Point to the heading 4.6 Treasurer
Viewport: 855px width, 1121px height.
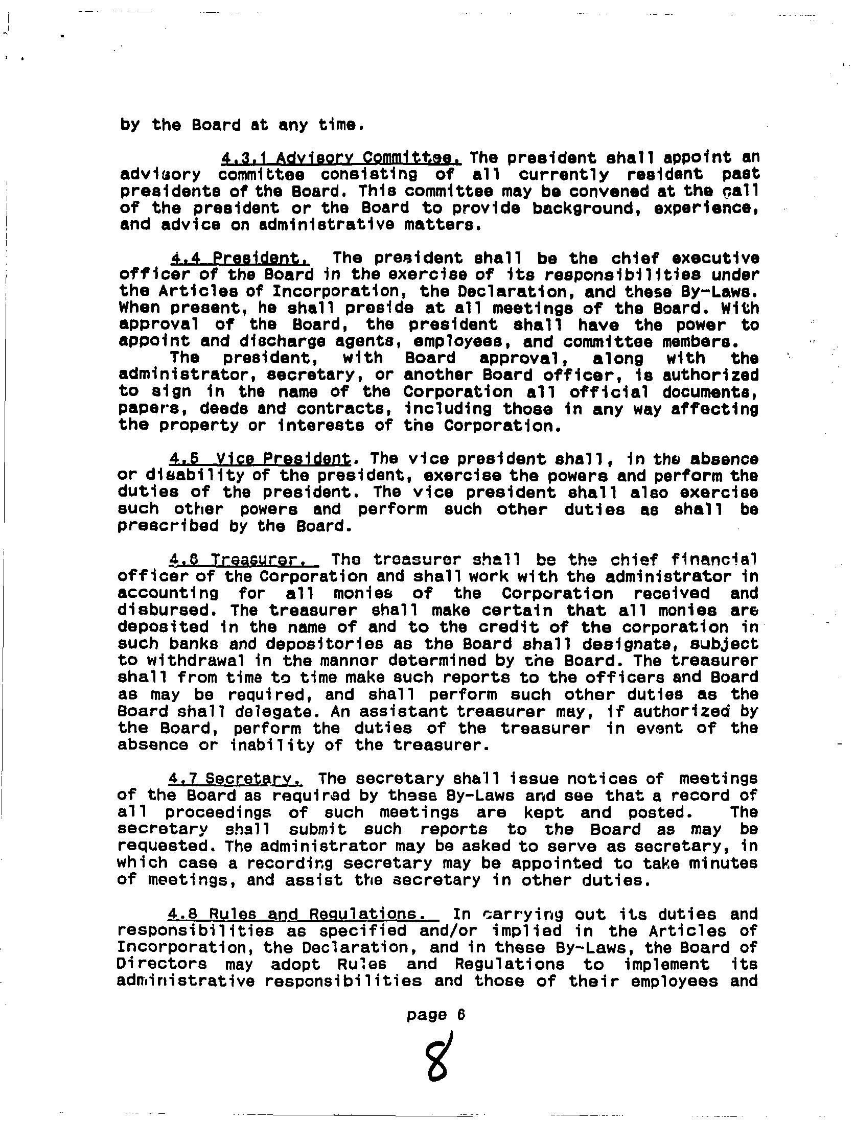[243, 559]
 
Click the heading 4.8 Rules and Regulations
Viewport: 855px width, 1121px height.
[304, 914]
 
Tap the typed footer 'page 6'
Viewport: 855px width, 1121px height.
[436, 1015]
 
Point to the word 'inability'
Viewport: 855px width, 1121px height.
[272, 745]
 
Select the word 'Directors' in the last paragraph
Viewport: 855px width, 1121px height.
[162, 964]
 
